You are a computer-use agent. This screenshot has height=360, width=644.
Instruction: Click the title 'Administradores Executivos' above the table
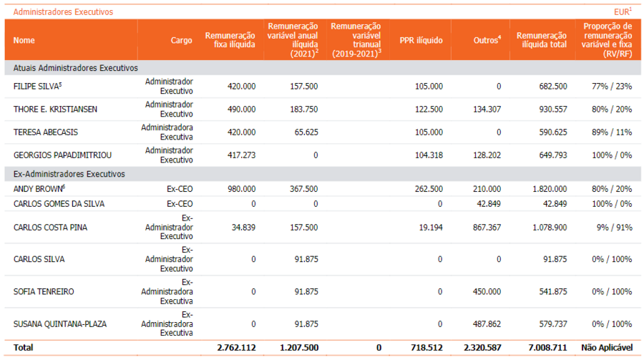(63, 12)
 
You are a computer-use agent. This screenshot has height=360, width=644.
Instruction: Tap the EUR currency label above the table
(623, 12)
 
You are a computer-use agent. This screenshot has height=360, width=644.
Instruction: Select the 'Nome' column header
(24, 40)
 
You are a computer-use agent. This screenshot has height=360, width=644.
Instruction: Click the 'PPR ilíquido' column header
(421, 40)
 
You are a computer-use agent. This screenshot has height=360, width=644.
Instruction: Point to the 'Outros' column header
(487, 40)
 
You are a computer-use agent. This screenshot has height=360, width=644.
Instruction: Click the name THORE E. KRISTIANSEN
(55, 110)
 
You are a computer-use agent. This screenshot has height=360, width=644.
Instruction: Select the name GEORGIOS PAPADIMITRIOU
(62, 155)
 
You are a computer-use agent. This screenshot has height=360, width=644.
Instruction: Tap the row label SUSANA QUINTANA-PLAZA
(60, 324)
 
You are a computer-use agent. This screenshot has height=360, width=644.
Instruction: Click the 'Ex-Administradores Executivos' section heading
(69, 174)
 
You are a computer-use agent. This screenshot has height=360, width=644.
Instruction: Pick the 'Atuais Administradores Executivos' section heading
(76, 68)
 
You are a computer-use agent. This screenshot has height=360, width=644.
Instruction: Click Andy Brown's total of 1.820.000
(550, 189)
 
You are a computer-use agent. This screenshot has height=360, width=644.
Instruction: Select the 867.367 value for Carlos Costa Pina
(487, 228)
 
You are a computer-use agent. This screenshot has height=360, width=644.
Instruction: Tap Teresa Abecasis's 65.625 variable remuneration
(306, 132)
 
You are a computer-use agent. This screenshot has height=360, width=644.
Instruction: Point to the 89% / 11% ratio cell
(612, 132)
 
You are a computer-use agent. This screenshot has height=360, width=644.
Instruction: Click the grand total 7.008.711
(547, 348)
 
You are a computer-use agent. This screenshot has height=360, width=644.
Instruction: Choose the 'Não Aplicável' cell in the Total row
(607, 348)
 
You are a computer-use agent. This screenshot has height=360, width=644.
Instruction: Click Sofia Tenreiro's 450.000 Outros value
(487, 292)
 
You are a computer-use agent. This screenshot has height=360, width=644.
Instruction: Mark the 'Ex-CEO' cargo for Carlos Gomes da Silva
(180, 204)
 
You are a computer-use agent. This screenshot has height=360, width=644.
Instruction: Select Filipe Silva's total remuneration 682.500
(553, 87)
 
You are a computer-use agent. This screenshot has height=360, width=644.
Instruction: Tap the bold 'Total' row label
(23, 348)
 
